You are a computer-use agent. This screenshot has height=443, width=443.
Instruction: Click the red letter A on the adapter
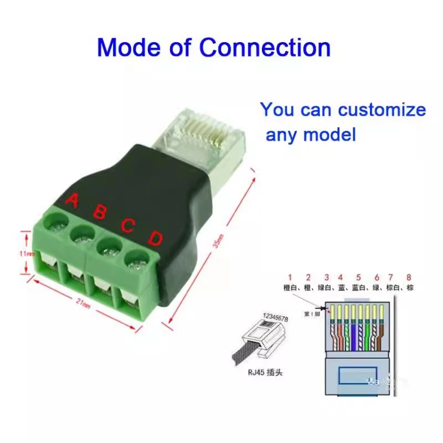[x=71, y=200]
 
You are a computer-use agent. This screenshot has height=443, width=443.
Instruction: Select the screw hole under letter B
[x=80, y=235]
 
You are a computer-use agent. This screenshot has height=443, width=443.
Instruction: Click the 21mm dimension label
[x=83, y=303]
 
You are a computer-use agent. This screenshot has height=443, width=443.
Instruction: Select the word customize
[x=382, y=110]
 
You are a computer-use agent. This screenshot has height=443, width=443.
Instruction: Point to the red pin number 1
[x=289, y=277]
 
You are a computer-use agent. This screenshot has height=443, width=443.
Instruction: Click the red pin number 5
[x=358, y=277]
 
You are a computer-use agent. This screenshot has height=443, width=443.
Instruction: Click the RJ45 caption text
[x=265, y=373]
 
